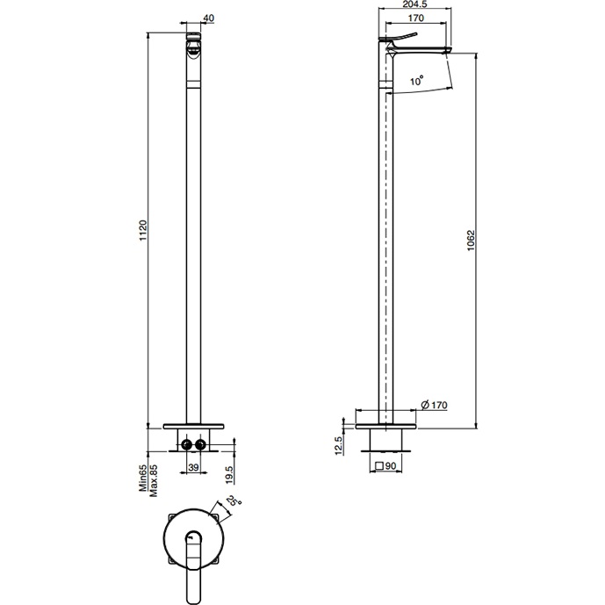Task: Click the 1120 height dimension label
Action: pyautogui.click(x=143, y=231)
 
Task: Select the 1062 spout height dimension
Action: pyautogui.click(x=471, y=241)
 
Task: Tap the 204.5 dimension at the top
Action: pyautogui.click(x=414, y=4)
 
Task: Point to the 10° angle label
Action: pyautogui.click(x=417, y=81)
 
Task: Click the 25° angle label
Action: pyautogui.click(x=234, y=501)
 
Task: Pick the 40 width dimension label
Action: pyautogui.click(x=208, y=18)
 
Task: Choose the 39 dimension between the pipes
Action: pyautogui.click(x=193, y=467)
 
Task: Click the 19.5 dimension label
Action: pyautogui.click(x=229, y=474)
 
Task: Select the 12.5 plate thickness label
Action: pyautogui.click(x=338, y=446)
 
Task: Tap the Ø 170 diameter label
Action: pyautogui.click(x=434, y=405)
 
